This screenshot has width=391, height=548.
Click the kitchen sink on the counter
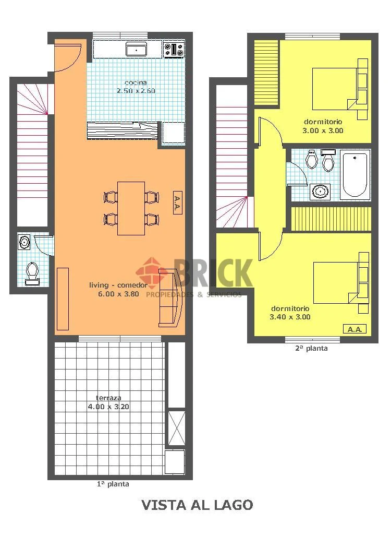point(137,49)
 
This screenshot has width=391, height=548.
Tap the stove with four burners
point(174,49)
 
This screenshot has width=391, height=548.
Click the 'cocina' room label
point(136,83)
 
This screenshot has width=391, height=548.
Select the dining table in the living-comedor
point(131,208)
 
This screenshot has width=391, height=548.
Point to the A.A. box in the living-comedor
point(177,202)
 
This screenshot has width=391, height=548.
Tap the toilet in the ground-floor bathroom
point(32,273)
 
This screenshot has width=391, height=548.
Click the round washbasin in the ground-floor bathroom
point(24,242)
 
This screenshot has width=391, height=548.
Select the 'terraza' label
point(108,398)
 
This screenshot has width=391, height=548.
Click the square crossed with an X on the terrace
point(177,428)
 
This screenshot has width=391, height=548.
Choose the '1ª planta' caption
point(113,484)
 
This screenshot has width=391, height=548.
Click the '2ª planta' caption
point(311,348)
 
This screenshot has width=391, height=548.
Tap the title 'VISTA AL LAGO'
point(197,505)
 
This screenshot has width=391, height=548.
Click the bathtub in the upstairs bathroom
point(355,175)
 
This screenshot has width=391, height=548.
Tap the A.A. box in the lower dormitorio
point(355,329)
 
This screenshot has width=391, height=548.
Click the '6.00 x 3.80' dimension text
point(118,294)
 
